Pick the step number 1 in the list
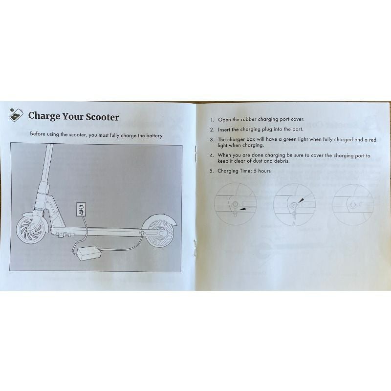click(212, 119)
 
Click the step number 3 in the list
click(212, 140)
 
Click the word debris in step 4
click(280, 161)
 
